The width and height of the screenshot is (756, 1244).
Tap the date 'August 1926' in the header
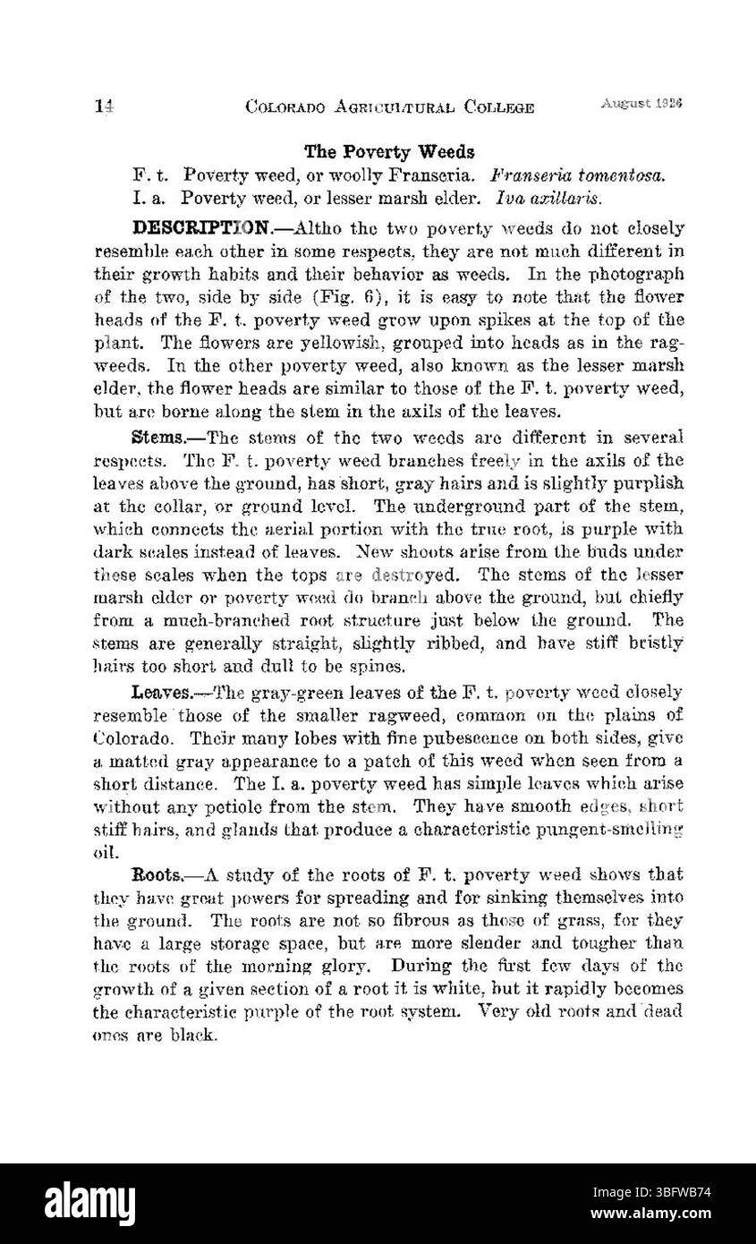(642, 104)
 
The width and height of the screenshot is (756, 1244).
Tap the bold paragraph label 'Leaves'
(161, 692)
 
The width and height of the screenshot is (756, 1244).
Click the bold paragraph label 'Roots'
(158, 874)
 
